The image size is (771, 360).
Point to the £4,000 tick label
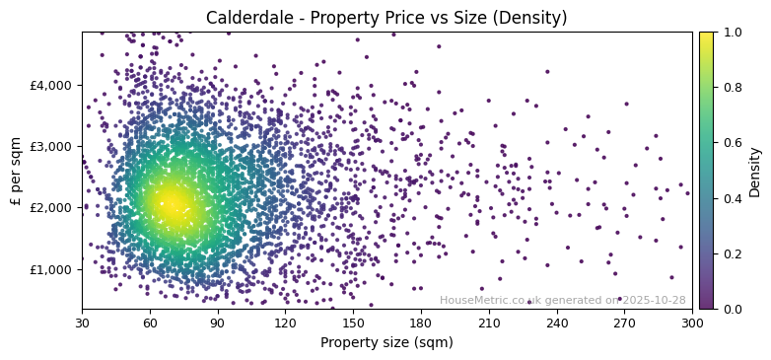tap(51, 85)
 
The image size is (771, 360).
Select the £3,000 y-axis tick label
tap(51, 146)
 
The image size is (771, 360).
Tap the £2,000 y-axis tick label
tap(51, 208)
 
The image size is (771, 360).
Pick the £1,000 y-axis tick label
tap(51, 269)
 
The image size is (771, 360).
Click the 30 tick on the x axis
tap(82, 322)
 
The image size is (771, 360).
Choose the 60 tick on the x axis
tap(150, 322)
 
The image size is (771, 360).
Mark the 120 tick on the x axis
tap(285, 322)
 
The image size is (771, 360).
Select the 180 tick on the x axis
tap(421, 322)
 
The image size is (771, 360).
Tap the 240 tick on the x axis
tap(557, 322)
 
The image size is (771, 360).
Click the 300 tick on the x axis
tap(692, 322)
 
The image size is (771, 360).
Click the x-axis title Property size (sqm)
tap(386, 342)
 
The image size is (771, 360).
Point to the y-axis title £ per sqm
tap(16, 171)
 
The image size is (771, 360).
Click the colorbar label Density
tap(755, 171)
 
